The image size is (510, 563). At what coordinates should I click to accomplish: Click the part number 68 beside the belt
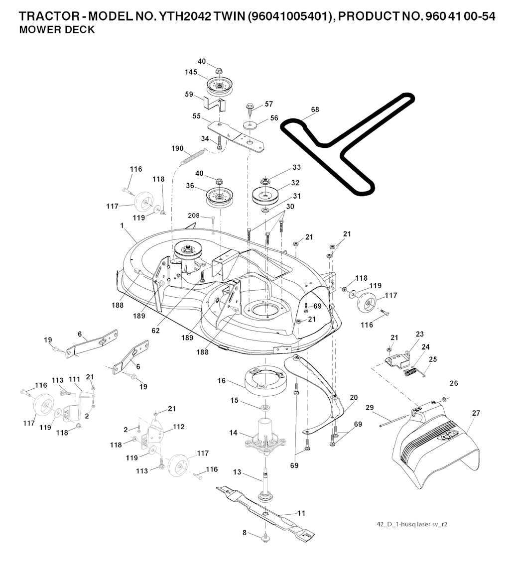pyautogui.click(x=315, y=110)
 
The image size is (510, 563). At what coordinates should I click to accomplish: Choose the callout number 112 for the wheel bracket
pyautogui.click(x=178, y=427)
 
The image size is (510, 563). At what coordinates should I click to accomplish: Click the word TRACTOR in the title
pyautogui.click(x=44, y=16)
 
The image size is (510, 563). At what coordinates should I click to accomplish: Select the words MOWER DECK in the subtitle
pyautogui.click(x=56, y=30)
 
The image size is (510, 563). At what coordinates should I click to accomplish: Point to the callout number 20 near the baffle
pyautogui.click(x=354, y=397)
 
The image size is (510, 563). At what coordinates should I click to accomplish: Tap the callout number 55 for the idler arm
pyautogui.click(x=197, y=116)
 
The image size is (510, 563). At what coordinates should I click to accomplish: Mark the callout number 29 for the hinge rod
pyautogui.click(x=370, y=408)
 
